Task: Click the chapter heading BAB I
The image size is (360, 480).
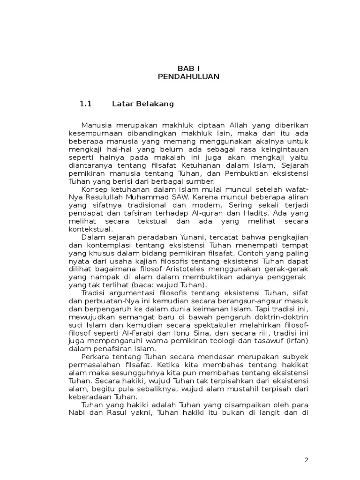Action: pos(188,68)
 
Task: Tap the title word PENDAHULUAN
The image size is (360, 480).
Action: pos(188,76)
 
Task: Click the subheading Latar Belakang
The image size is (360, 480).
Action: pos(143,104)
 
